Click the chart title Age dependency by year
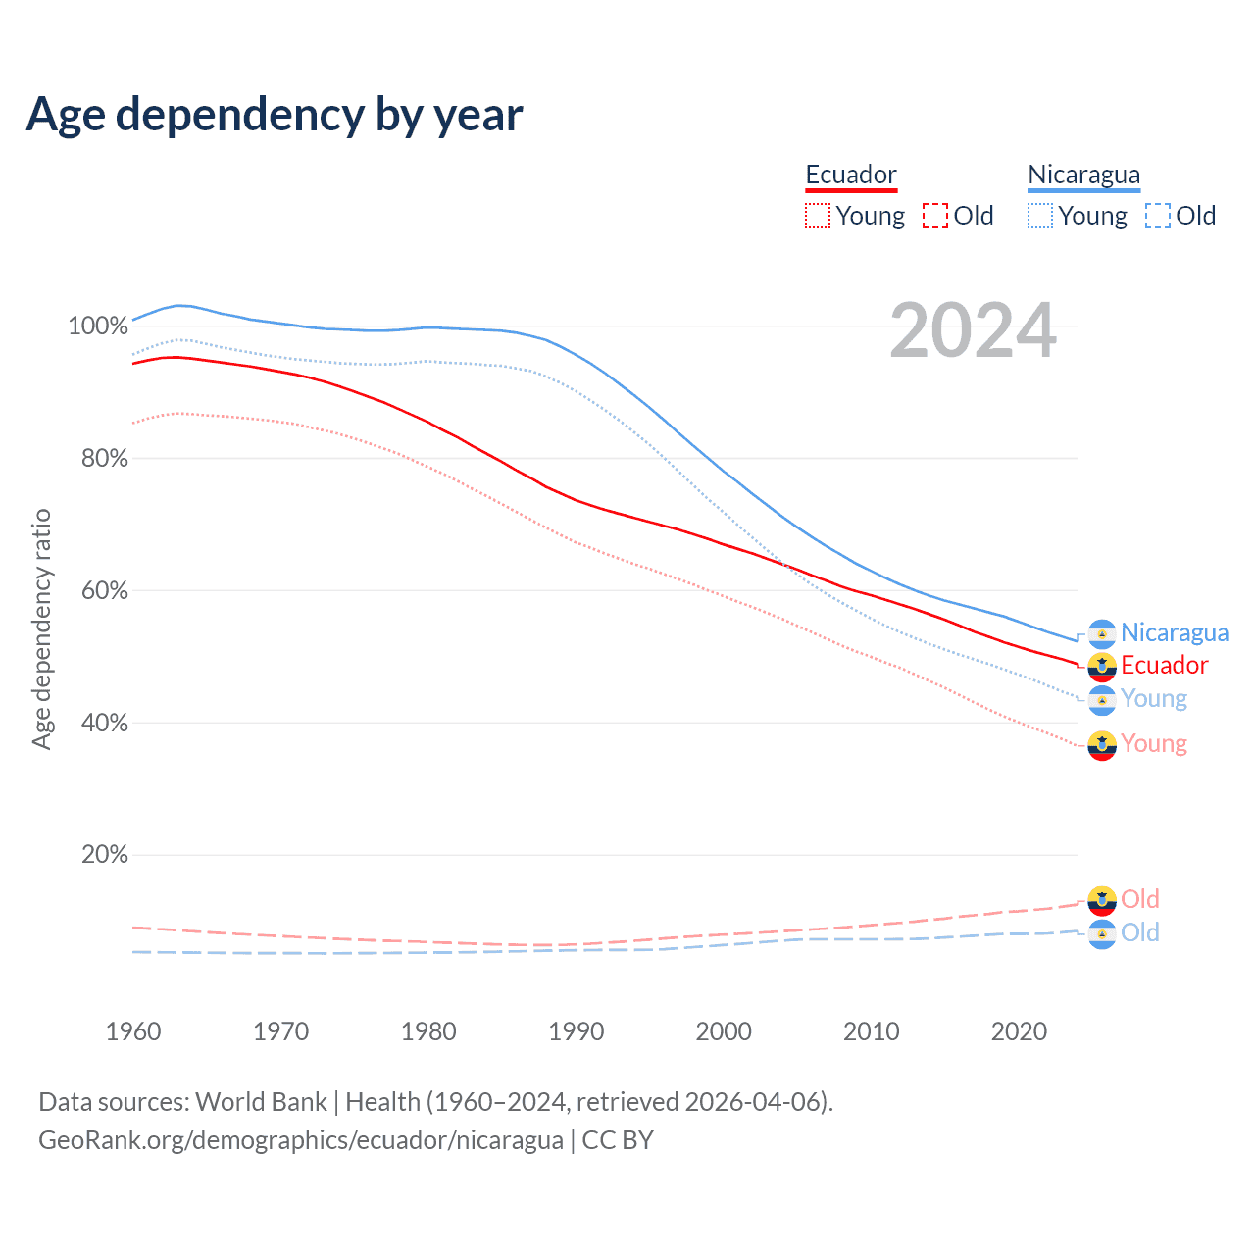coord(275,115)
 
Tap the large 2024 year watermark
coord(973,331)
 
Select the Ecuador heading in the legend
coord(851,175)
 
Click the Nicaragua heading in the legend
coord(1083,175)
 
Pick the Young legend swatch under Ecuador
coord(817,216)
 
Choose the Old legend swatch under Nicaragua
coord(1158,216)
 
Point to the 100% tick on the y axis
coord(98,326)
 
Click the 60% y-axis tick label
coord(103,590)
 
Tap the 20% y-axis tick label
coord(104,855)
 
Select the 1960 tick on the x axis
coord(133,1031)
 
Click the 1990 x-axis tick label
coord(577,1031)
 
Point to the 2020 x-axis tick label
coord(1020,1031)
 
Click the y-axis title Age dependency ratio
coord(41,628)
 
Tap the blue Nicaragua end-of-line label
coord(1174,633)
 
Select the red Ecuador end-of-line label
coord(1164,666)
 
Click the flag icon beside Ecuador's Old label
coord(1102,899)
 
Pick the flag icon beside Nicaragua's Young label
coord(1102,700)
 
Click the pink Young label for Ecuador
coord(1153,744)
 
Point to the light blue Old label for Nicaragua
coord(1139,932)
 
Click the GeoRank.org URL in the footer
coord(301,1140)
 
